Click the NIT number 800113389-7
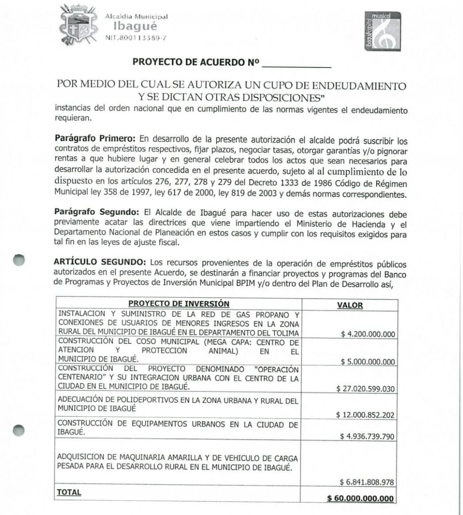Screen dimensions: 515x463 (x=136, y=38)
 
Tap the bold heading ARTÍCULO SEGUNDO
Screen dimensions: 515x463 (x=95, y=262)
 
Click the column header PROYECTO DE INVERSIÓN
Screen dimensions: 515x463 (x=178, y=304)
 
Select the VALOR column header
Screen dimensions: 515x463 (x=349, y=305)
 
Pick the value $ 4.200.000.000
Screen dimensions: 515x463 (x=368, y=334)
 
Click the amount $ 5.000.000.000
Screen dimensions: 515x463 (x=368, y=362)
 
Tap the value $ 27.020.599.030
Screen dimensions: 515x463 (x=365, y=389)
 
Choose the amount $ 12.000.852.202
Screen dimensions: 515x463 (x=365, y=415)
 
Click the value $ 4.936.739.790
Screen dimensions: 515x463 (x=367, y=436)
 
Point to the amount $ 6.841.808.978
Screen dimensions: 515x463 (x=367, y=482)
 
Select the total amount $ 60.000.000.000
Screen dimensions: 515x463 (x=360, y=498)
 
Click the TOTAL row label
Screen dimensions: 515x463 (x=69, y=492)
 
